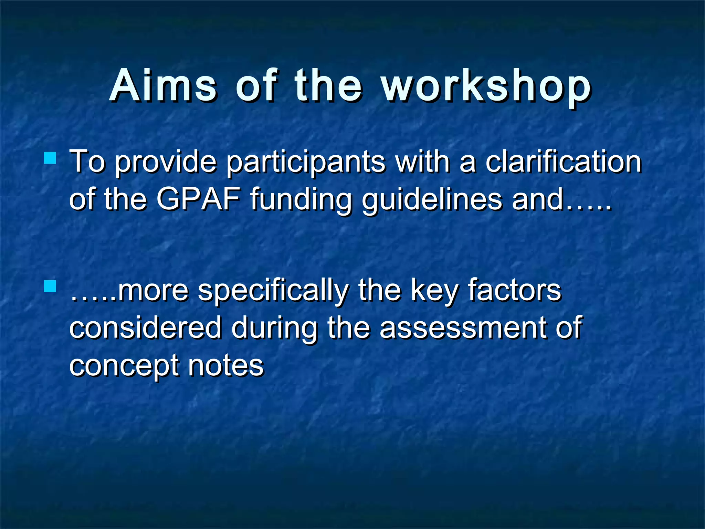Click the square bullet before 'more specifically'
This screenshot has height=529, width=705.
[x=50, y=286]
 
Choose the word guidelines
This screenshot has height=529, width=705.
[x=432, y=200]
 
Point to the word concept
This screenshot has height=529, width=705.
[x=124, y=366]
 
